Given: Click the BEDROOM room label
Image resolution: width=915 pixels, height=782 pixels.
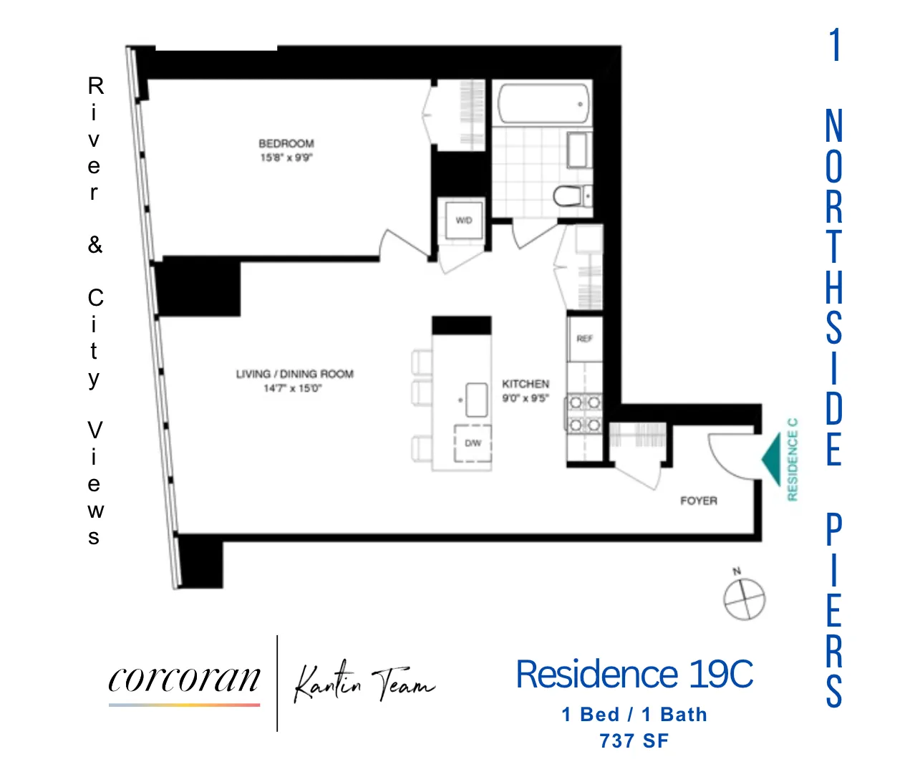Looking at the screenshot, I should point(286,143).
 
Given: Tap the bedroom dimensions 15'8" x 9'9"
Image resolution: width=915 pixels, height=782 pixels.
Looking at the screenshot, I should point(286,158).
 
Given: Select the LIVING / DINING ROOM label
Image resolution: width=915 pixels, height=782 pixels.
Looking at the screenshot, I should point(294,374).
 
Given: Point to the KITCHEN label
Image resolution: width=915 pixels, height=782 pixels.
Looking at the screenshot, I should point(526,384).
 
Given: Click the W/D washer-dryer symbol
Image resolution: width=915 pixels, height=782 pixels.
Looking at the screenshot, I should point(464,221).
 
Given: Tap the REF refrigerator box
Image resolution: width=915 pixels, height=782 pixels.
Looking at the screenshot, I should point(584,339).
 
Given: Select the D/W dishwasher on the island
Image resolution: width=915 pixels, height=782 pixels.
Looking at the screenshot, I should point(473,443).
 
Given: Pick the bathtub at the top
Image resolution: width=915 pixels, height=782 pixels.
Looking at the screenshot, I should point(543,105).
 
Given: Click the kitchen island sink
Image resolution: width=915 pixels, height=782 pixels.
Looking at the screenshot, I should point(477,400).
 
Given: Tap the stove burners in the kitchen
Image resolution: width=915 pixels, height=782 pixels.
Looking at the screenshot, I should point(584,413).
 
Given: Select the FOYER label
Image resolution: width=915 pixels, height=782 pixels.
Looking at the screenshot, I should point(698,501).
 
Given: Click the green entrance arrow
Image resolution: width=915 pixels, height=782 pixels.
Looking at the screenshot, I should point(771,459).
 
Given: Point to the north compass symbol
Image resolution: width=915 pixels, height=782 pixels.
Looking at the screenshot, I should point(744,597).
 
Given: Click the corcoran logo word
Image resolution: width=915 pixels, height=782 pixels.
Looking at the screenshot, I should point(185,679).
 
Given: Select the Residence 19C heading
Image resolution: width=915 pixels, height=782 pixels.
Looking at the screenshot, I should point(634,675).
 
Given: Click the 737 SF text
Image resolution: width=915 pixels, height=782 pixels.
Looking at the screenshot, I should point(634,740).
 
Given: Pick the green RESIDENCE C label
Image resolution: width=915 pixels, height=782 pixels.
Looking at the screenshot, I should point(792,459).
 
